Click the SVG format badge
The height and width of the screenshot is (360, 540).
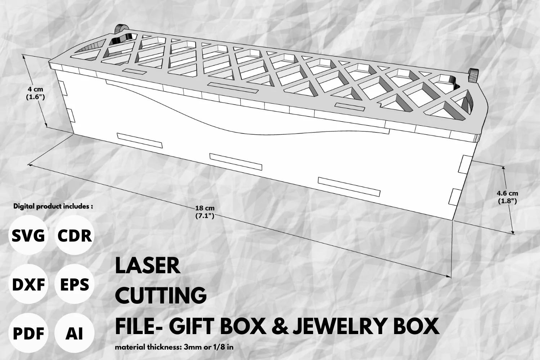(28, 235)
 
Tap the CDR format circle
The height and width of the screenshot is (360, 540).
(75, 235)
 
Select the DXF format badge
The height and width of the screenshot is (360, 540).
(28, 284)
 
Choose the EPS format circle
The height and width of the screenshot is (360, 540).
(75, 284)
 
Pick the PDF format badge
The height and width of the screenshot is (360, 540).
(28, 333)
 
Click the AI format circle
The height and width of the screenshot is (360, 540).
(75, 333)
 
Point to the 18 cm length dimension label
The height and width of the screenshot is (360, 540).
(205, 212)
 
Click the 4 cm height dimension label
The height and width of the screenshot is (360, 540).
(35, 93)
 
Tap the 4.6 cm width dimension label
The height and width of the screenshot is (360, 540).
(507, 197)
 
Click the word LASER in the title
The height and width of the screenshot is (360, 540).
(148, 265)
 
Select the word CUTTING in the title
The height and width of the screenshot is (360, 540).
(161, 295)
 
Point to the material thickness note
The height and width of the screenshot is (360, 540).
(174, 347)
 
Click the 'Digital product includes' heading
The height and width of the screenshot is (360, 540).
(53, 206)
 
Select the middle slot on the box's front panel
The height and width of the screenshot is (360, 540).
(236, 162)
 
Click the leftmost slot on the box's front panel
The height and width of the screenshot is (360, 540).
(140, 140)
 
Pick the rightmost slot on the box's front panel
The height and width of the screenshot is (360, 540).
(349, 187)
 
